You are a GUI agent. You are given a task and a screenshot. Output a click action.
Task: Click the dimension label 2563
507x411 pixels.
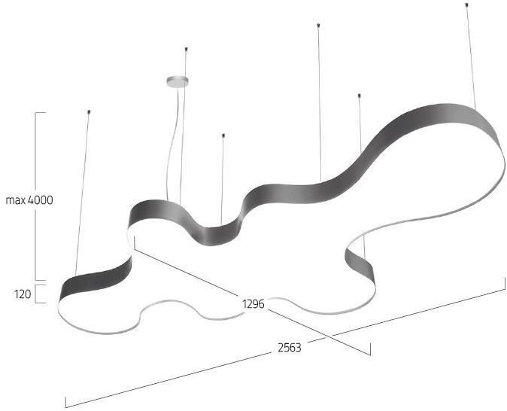[x=290, y=348]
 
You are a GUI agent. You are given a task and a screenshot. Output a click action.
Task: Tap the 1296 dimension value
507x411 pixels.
[x=254, y=304]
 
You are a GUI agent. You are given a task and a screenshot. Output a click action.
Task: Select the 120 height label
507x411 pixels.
[x=23, y=294]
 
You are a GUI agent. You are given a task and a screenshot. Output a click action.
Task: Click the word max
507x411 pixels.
[x=16, y=200]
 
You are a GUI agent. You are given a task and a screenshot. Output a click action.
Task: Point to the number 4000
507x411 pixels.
[x=41, y=200]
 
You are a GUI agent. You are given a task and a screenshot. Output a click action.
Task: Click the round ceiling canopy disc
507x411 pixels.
[x=178, y=81]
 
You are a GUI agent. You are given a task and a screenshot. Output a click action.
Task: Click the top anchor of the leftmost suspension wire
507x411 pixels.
[x=89, y=112]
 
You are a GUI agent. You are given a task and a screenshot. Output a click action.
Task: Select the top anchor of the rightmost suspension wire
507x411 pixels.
[x=466, y=5]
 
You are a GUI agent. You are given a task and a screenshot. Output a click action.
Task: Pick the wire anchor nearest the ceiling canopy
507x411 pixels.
[x=186, y=49]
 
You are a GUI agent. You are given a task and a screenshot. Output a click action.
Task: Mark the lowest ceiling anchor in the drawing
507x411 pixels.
[x=223, y=135]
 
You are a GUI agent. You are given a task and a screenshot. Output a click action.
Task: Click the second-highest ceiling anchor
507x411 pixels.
[x=318, y=25]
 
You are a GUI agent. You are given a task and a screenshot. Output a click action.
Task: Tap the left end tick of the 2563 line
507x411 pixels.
[x=65, y=402]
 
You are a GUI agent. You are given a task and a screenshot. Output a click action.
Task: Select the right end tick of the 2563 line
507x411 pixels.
[x=505, y=283]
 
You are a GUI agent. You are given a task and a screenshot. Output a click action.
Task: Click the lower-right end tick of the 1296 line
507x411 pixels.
[x=370, y=349]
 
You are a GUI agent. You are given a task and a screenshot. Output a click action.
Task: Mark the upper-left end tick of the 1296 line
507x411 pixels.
[x=135, y=242]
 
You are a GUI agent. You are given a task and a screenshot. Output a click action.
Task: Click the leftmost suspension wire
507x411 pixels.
[x=82, y=194]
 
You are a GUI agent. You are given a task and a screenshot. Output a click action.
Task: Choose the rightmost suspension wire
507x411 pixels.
[x=471, y=57]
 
